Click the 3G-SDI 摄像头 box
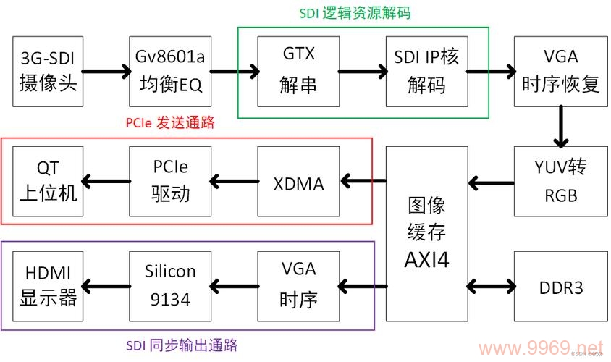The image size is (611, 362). point(48,71)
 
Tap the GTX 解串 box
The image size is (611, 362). point(298,71)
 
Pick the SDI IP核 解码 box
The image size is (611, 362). point(426,71)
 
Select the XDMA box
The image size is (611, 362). point(298,181)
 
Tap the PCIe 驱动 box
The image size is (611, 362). point(171,181)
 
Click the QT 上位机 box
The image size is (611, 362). point(48,181)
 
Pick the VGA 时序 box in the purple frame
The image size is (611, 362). point(298,286)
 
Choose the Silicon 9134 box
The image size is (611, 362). point(171,286)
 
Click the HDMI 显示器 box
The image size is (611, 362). point(48,286)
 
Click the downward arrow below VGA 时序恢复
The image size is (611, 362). point(559,127)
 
